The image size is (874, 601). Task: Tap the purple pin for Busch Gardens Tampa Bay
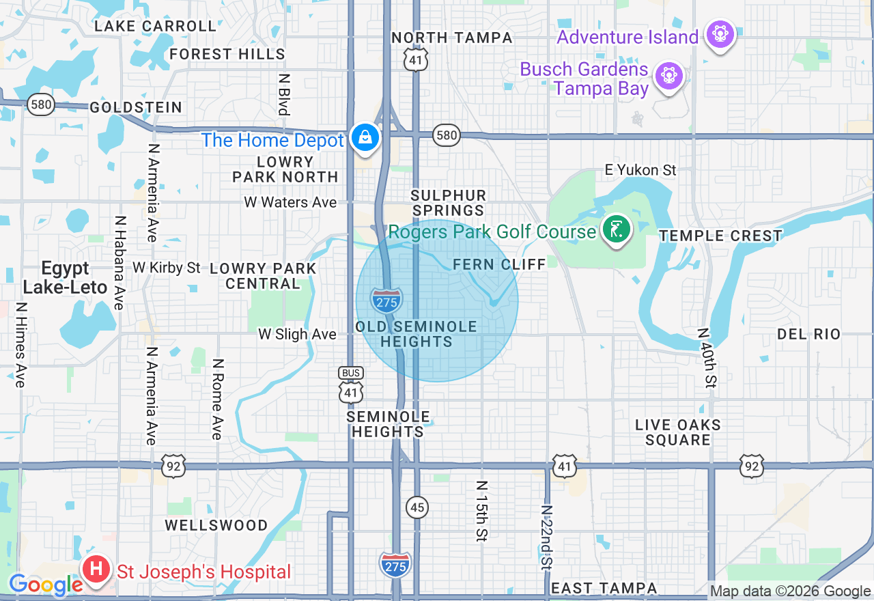pos(669,76)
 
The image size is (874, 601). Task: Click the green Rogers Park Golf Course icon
pos(617,229)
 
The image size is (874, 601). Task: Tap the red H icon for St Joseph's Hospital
pos(97,569)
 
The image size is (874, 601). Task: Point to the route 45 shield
pos(417,507)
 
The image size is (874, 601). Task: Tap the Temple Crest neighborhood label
pos(720,236)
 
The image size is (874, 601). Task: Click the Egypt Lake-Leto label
pos(65,277)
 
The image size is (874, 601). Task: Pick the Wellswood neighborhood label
pos(216,525)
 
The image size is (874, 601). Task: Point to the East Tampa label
pos(604,588)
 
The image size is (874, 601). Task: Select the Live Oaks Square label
pos(678,432)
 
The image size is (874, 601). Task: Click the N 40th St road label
pos(707,357)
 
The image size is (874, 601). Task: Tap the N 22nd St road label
pos(546,537)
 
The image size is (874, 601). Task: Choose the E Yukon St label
pos(640,169)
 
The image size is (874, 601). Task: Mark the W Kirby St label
pos(167,267)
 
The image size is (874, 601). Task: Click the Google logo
pos(46,585)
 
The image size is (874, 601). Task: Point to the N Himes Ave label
pos(20,344)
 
